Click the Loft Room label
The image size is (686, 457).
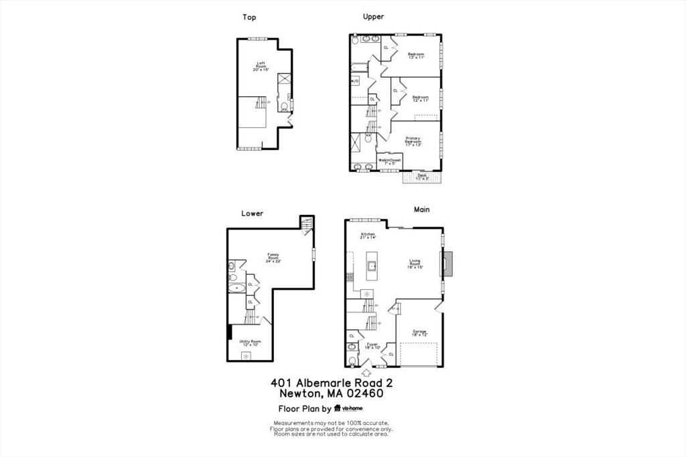(261, 66)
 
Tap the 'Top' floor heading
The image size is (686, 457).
(249, 17)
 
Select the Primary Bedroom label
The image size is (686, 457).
(413, 141)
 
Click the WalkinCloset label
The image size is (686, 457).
(389, 161)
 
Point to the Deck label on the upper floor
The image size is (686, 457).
(422, 177)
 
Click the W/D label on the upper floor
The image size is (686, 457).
(355, 81)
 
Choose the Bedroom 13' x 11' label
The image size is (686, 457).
(417, 56)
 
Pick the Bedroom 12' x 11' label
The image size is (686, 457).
(420, 99)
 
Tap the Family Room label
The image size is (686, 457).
(273, 258)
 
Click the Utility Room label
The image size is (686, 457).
(251, 343)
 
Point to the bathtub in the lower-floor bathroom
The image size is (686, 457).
(236, 288)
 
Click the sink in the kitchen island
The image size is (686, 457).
(371, 266)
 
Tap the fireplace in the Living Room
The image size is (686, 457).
(447, 263)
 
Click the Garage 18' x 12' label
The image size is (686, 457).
(419, 333)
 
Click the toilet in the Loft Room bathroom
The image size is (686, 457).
(283, 107)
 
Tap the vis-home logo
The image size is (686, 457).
(351, 408)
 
